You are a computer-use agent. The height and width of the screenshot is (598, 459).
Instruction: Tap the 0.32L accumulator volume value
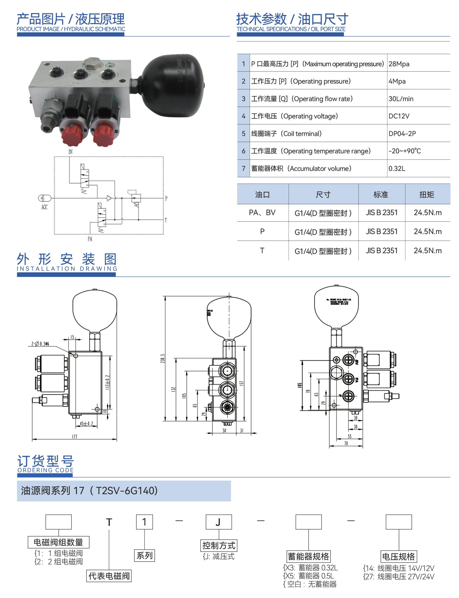[397, 168]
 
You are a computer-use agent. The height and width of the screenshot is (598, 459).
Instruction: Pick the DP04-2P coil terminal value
[402, 134]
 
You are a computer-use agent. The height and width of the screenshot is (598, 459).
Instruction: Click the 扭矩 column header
[426, 194]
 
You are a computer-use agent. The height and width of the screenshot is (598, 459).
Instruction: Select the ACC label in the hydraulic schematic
[44, 207]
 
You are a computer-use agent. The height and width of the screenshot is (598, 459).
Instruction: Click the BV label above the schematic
[70, 152]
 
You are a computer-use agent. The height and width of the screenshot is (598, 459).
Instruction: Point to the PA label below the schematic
[90, 239]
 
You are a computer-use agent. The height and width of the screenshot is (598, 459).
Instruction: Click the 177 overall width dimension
[75, 436]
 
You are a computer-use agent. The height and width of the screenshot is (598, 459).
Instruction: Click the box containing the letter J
[219, 522]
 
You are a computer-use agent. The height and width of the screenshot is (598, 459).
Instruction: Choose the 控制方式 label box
[219, 546]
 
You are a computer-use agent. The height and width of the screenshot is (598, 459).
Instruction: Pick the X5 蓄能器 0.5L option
[309, 576]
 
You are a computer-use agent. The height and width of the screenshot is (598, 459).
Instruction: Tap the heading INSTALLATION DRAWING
[67, 269]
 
